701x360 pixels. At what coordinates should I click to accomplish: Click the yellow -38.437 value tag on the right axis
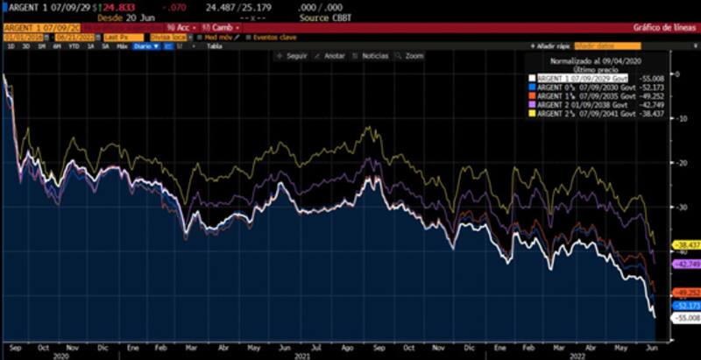pyautogui.click(x=683, y=244)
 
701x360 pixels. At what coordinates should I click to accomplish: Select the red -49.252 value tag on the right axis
pyautogui.click(x=683, y=293)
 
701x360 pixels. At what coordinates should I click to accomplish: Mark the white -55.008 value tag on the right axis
pyautogui.click(x=683, y=318)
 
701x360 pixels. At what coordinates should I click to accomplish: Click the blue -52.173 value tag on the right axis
pyautogui.click(x=683, y=305)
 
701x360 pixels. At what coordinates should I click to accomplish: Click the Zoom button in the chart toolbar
pyautogui.click(x=411, y=55)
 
